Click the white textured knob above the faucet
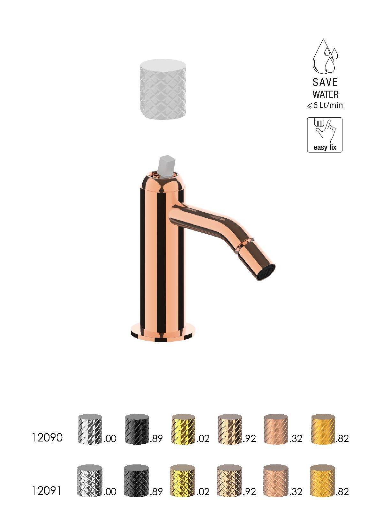tap(163, 89)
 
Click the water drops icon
tap(325, 56)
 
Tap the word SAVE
tap(325, 82)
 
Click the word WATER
tap(325, 95)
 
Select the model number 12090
tap(47, 438)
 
